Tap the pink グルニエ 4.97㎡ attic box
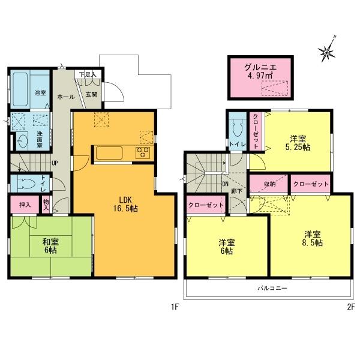(259, 77)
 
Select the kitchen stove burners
(144, 152)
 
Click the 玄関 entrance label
(91, 94)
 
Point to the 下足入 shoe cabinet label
(88, 74)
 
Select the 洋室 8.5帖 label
(312, 238)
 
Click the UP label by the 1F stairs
(55, 163)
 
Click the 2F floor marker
(351, 308)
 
